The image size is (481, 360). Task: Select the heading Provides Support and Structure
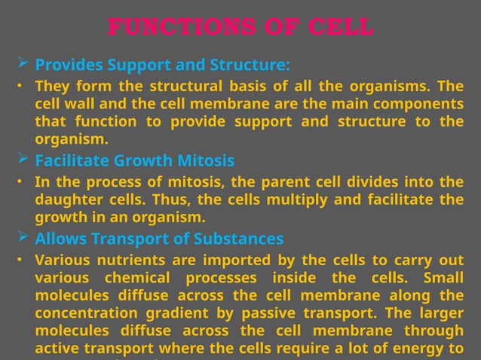pyautogui.click(x=162, y=64)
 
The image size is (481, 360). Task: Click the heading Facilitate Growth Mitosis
pyautogui.click(x=135, y=160)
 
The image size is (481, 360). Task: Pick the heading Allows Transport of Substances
pyautogui.click(x=159, y=239)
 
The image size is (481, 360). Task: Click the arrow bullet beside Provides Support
pyautogui.click(x=22, y=63)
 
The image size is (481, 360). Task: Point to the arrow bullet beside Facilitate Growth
pyautogui.click(x=22, y=160)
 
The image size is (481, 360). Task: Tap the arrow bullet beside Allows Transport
pyautogui.click(x=22, y=238)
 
